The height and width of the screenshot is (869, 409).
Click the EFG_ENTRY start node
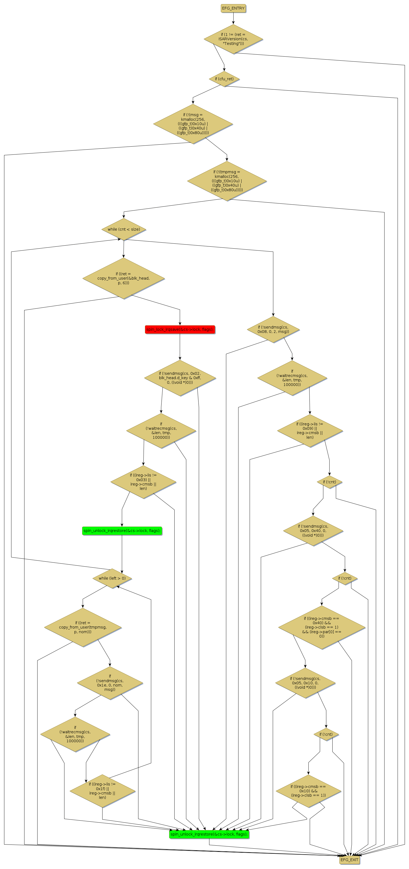click(x=233, y=8)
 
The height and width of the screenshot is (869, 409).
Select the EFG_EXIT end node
click(x=349, y=859)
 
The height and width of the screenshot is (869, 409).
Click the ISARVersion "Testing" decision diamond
click(x=233, y=39)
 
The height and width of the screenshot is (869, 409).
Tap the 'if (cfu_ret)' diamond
click(x=224, y=79)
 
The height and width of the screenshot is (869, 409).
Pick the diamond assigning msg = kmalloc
click(x=193, y=124)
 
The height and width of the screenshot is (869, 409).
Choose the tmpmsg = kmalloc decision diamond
click(x=227, y=181)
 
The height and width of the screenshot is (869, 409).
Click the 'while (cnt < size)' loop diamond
click(x=124, y=229)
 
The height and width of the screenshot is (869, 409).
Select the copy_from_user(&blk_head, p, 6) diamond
click(x=123, y=278)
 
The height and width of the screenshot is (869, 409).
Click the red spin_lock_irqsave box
click(x=180, y=329)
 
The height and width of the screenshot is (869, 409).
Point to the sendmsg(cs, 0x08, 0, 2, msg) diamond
click(x=273, y=329)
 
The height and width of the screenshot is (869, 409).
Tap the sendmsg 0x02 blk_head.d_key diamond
click(x=180, y=378)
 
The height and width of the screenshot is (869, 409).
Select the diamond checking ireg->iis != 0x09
click(x=309, y=431)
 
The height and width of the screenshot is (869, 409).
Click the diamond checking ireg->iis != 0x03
click(x=143, y=482)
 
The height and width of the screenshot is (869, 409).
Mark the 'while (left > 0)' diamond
click(x=112, y=578)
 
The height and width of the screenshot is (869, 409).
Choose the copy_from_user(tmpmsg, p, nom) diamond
click(x=83, y=627)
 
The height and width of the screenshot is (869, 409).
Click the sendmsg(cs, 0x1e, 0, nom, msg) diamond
click(x=110, y=683)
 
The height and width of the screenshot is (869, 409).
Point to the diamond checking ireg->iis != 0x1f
click(x=102, y=791)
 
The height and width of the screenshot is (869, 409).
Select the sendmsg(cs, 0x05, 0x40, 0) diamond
click(x=313, y=531)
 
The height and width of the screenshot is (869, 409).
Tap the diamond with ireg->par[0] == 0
click(x=322, y=627)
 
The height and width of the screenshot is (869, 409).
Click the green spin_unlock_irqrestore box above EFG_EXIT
click(x=209, y=834)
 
